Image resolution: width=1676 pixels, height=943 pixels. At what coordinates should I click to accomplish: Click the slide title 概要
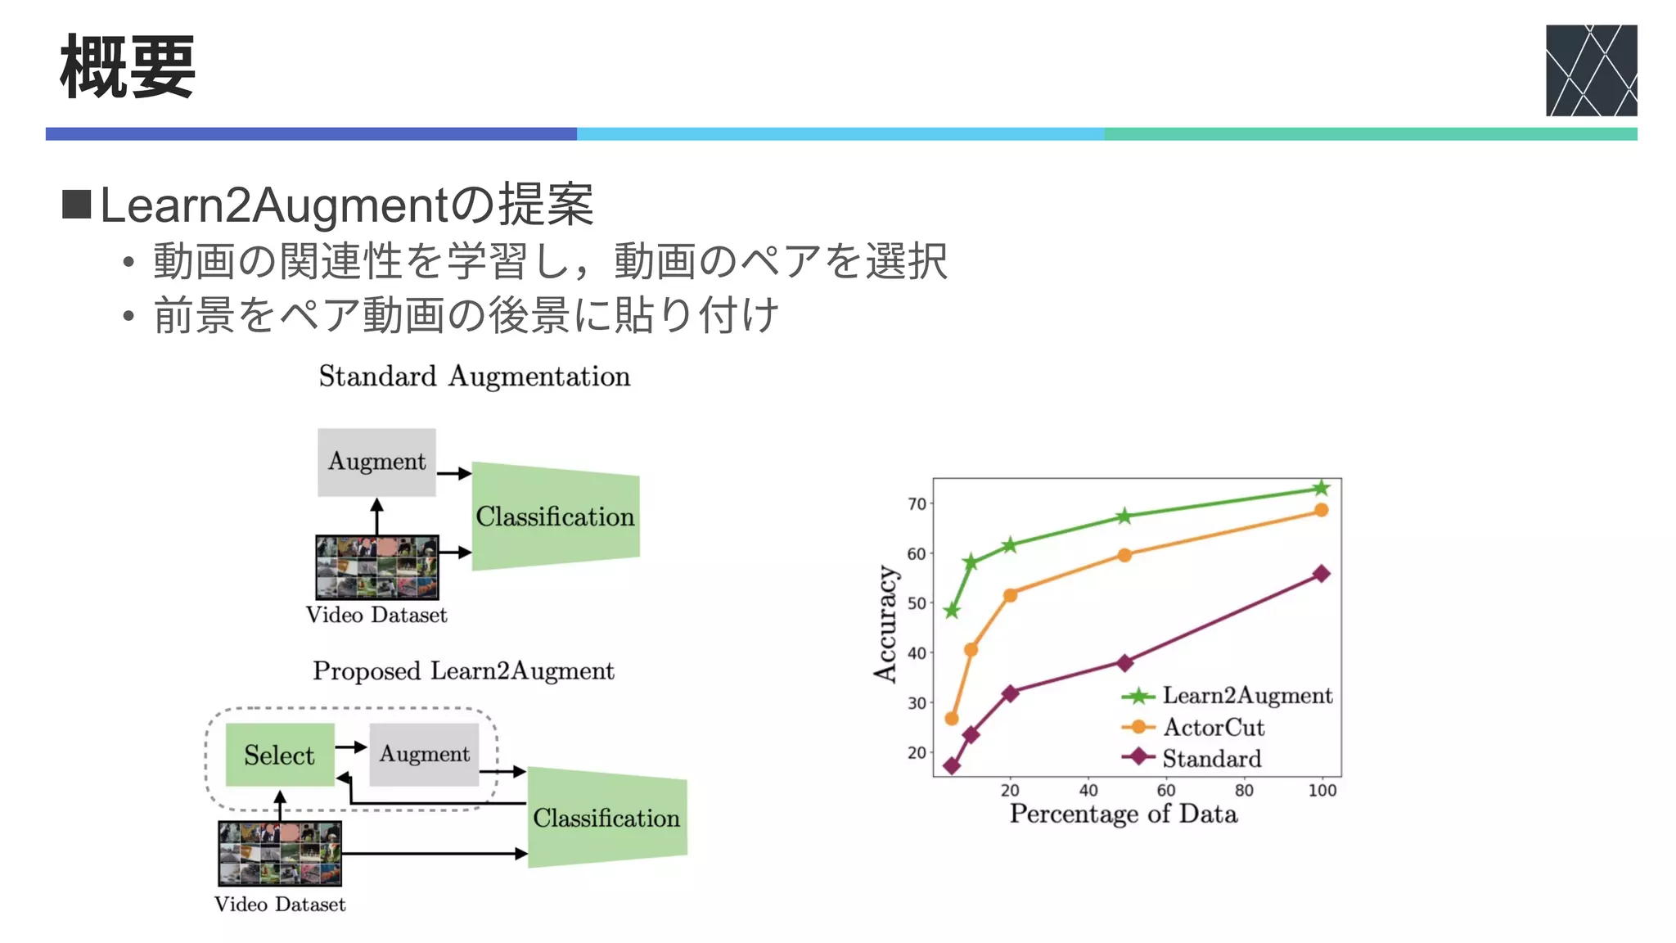point(128,67)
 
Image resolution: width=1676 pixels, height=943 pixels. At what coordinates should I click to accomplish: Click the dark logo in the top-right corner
point(1590,70)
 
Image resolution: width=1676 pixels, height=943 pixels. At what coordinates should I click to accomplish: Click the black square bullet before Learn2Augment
point(76,205)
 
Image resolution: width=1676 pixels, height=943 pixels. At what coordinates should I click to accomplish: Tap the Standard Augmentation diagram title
point(474,377)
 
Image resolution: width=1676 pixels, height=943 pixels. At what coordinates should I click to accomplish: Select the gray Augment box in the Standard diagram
point(376,462)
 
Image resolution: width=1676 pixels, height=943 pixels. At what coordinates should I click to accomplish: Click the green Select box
point(279,755)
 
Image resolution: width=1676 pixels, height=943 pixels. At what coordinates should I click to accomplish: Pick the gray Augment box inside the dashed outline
point(424,754)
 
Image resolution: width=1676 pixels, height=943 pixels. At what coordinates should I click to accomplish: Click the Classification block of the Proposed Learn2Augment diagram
point(606,818)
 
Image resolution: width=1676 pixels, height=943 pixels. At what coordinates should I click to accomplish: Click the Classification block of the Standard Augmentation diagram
point(555,517)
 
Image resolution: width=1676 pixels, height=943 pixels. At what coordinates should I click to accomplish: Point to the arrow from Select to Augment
point(351,747)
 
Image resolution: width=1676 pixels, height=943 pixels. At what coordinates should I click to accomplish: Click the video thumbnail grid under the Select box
point(279,854)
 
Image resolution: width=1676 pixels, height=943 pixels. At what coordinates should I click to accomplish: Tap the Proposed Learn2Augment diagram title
point(463,671)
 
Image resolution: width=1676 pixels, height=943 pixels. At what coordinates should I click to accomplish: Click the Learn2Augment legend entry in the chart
point(1228,696)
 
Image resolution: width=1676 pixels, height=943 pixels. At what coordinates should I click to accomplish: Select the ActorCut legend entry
point(1195,727)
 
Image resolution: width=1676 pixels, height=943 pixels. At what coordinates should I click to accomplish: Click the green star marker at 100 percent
point(1321,489)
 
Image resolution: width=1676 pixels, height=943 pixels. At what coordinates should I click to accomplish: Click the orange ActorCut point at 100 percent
point(1321,511)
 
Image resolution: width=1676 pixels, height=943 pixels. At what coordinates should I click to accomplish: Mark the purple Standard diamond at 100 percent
point(1321,574)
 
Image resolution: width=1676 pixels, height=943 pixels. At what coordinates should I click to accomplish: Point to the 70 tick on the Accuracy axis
point(917,504)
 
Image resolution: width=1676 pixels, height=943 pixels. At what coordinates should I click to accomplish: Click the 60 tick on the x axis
point(1166,791)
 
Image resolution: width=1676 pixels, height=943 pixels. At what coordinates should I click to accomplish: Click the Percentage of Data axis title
point(1123,814)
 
